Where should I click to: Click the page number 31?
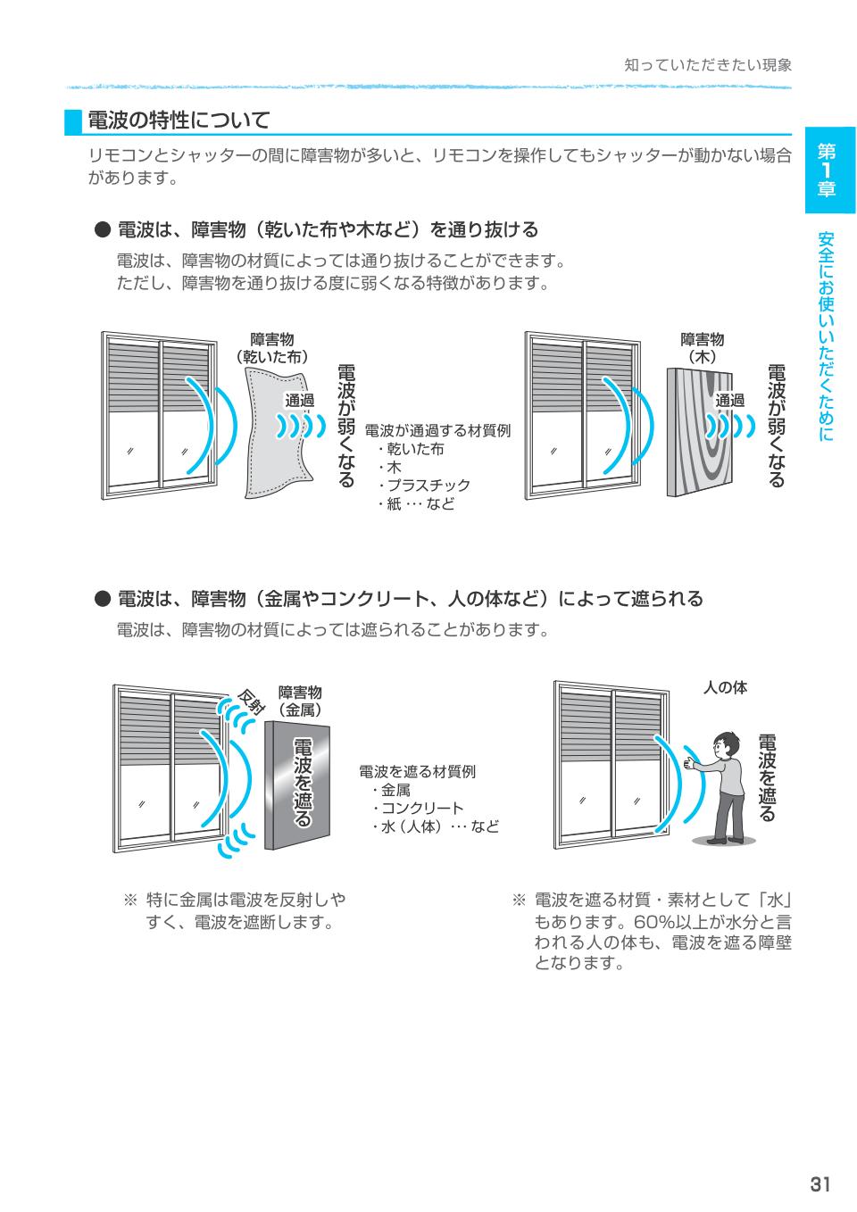pyautogui.click(x=820, y=1183)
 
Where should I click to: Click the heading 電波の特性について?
pyautogui.click(x=179, y=120)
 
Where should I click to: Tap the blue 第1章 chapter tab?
pyautogui.click(x=829, y=170)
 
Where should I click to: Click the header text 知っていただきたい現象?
pyautogui.click(x=707, y=65)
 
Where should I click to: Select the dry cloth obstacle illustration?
pyautogui.click(x=279, y=432)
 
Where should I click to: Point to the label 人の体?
pyautogui.click(x=725, y=687)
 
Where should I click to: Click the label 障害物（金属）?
pyautogui.click(x=300, y=701)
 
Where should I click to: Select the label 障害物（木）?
pyautogui.click(x=703, y=348)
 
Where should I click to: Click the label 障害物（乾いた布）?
pyautogui.click(x=272, y=348)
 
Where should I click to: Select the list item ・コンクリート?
pyautogui.click(x=417, y=809)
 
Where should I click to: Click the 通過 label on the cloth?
pyautogui.click(x=299, y=401)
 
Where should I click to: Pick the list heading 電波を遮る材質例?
pyautogui.click(x=417, y=771)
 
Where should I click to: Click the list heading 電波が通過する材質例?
pyautogui.click(x=437, y=430)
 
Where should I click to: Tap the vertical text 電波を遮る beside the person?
pyautogui.click(x=767, y=777)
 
